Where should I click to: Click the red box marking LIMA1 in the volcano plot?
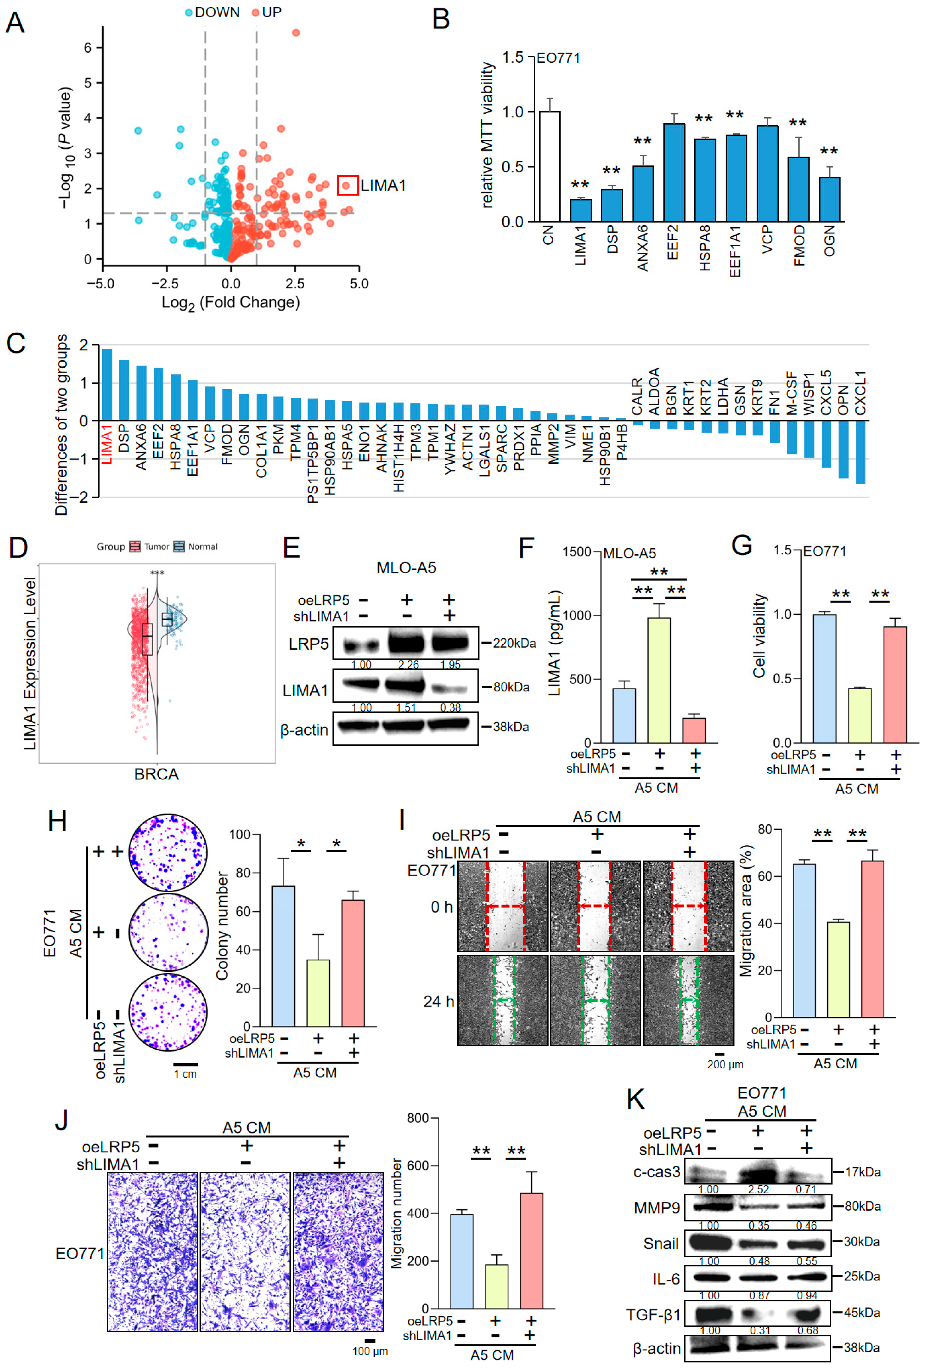pyautogui.click(x=347, y=185)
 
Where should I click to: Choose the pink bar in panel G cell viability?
pyautogui.click(x=895, y=684)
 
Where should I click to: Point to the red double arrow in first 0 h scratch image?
pyautogui.click(x=505, y=905)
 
